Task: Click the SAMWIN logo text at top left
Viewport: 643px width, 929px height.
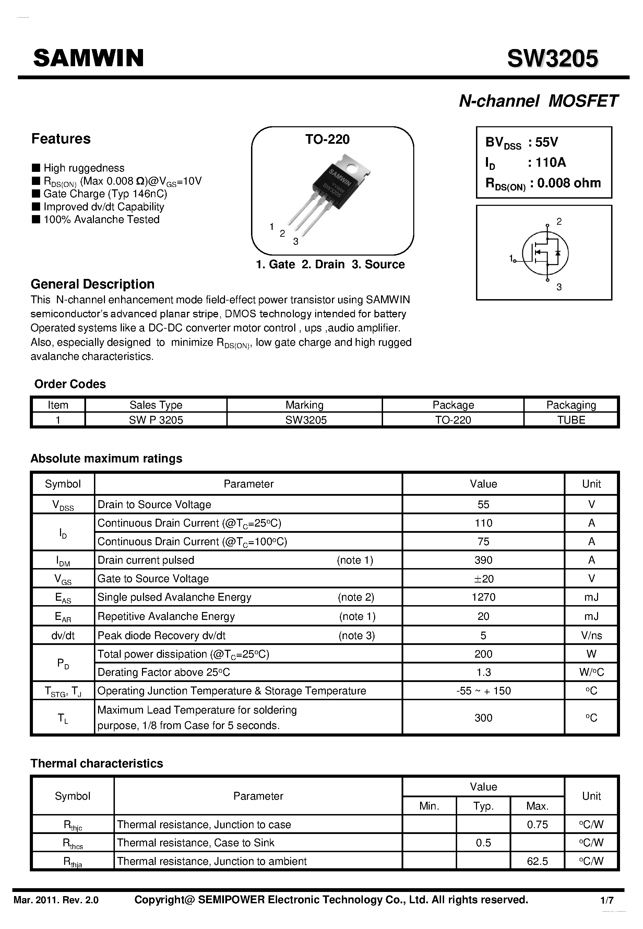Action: pyautogui.click(x=88, y=58)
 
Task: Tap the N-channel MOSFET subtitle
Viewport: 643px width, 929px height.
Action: pyautogui.click(x=538, y=101)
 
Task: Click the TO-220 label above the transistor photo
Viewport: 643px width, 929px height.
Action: pyautogui.click(x=327, y=139)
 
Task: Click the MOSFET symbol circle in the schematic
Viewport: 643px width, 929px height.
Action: pyautogui.click(x=545, y=253)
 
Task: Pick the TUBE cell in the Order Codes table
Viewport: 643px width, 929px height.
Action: pyautogui.click(x=571, y=420)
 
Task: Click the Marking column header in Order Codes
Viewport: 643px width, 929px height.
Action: pyautogui.click(x=304, y=405)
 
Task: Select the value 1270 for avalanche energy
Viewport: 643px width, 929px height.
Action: pyautogui.click(x=483, y=597)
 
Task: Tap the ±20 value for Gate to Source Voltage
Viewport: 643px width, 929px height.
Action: pyautogui.click(x=483, y=579)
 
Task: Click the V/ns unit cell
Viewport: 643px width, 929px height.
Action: pyautogui.click(x=591, y=636)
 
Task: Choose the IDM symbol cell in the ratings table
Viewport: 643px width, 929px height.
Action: pyautogui.click(x=63, y=561)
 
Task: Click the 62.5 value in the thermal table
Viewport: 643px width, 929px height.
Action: pyautogui.click(x=537, y=861)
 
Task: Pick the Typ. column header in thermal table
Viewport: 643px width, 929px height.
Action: pyautogui.click(x=483, y=806)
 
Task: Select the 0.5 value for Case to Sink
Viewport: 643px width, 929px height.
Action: pyautogui.click(x=483, y=843)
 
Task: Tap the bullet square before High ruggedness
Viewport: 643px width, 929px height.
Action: pyautogui.click(x=36, y=168)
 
